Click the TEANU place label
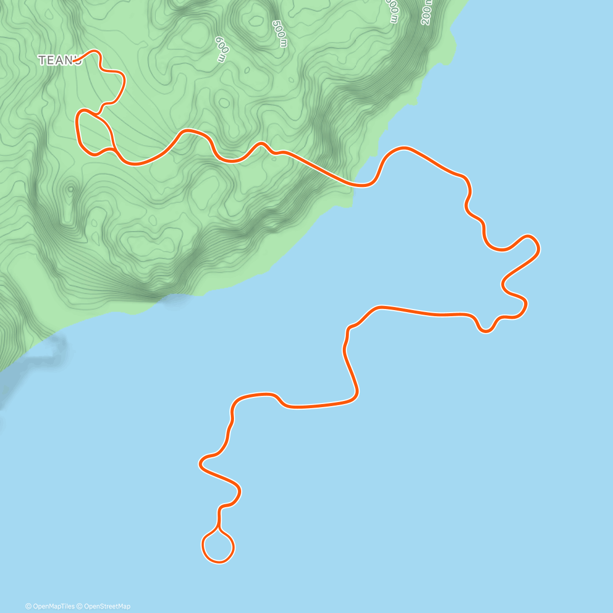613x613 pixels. point(59,60)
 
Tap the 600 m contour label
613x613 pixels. point(221,49)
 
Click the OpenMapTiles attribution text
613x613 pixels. point(53,606)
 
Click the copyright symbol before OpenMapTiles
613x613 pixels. point(29,606)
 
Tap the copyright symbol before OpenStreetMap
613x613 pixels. point(80,606)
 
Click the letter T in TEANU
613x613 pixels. point(42,60)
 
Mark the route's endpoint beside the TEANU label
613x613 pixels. point(75,61)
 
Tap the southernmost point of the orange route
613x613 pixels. point(218,562)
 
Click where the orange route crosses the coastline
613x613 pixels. point(358,185)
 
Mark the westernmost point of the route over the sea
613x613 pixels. point(200,464)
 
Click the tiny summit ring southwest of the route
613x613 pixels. point(70,189)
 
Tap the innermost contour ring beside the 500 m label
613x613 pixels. point(254,20)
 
